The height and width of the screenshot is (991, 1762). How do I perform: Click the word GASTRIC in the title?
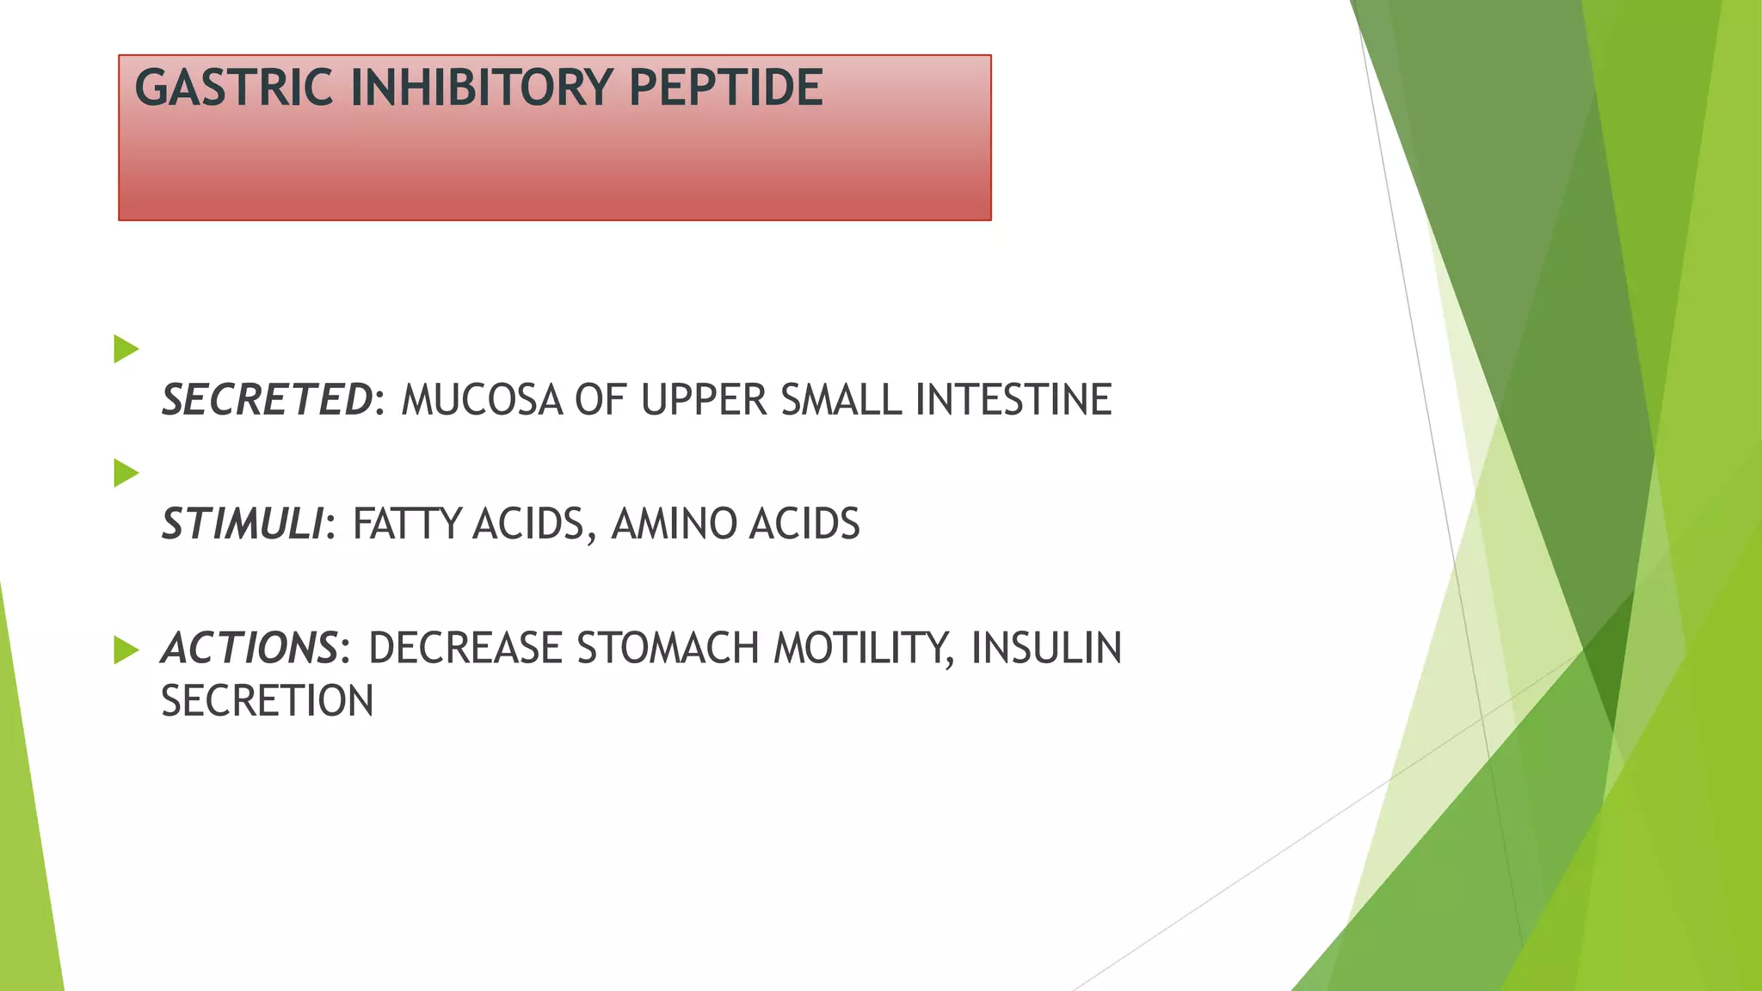[233, 88]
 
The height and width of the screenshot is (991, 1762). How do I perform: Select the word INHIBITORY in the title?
[481, 88]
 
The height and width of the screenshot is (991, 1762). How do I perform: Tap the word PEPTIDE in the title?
[726, 88]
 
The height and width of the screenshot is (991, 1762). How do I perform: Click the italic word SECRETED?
[268, 400]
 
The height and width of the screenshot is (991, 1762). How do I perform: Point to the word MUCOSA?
[482, 400]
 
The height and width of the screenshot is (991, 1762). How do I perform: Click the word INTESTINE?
[1013, 400]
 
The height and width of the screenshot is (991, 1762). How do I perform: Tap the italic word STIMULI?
[243, 524]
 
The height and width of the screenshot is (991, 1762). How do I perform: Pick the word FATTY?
[406, 524]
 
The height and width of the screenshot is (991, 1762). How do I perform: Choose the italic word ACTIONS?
[250, 648]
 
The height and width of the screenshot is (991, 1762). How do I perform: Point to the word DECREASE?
[465, 648]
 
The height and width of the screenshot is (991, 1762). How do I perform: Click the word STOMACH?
[668, 648]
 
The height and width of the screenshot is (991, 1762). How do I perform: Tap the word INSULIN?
[1046, 648]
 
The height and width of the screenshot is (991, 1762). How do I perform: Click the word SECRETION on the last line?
[268, 701]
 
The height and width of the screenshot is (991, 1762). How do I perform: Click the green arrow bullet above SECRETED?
[126, 349]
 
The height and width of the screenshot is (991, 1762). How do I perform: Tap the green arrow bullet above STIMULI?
[126, 473]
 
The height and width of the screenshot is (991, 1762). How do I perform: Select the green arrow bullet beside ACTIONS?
[126, 650]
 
